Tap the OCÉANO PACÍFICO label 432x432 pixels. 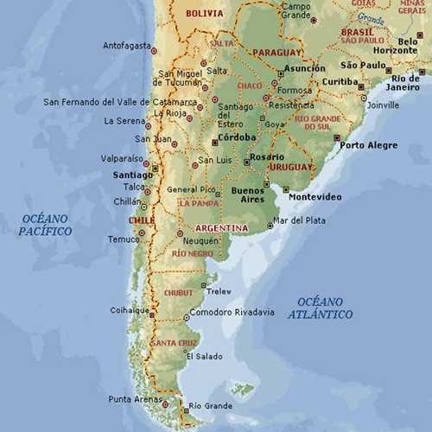click(x=45, y=226)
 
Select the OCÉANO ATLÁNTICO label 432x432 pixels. click(x=325, y=308)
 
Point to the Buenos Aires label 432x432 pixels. click(x=246, y=194)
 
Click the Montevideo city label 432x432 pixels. click(x=314, y=197)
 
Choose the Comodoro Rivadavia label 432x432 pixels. click(x=232, y=312)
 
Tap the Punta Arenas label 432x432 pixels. click(x=133, y=398)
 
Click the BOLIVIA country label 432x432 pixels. click(x=204, y=13)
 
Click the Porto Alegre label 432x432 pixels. click(x=368, y=145)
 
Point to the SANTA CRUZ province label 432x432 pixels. click(x=175, y=343)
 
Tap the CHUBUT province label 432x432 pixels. click(x=179, y=293)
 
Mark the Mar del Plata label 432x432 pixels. click(x=299, y=220)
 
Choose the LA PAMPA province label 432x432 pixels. click(x=199, y=203)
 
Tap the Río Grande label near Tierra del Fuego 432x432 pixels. click(x=210, y=405)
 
